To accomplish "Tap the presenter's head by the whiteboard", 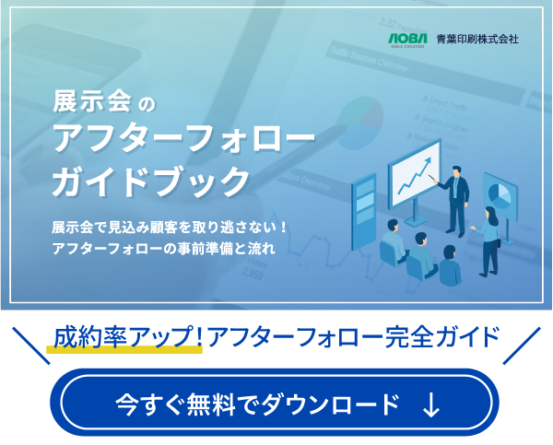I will [454, 172].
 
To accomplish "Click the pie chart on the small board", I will [500, 195].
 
